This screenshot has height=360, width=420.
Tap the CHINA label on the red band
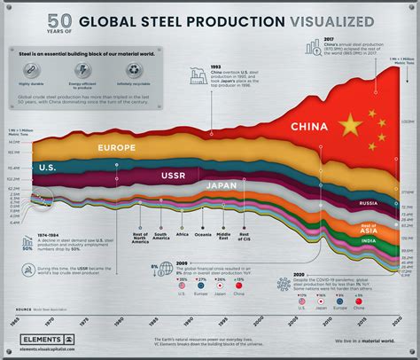(x=311, y=129)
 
